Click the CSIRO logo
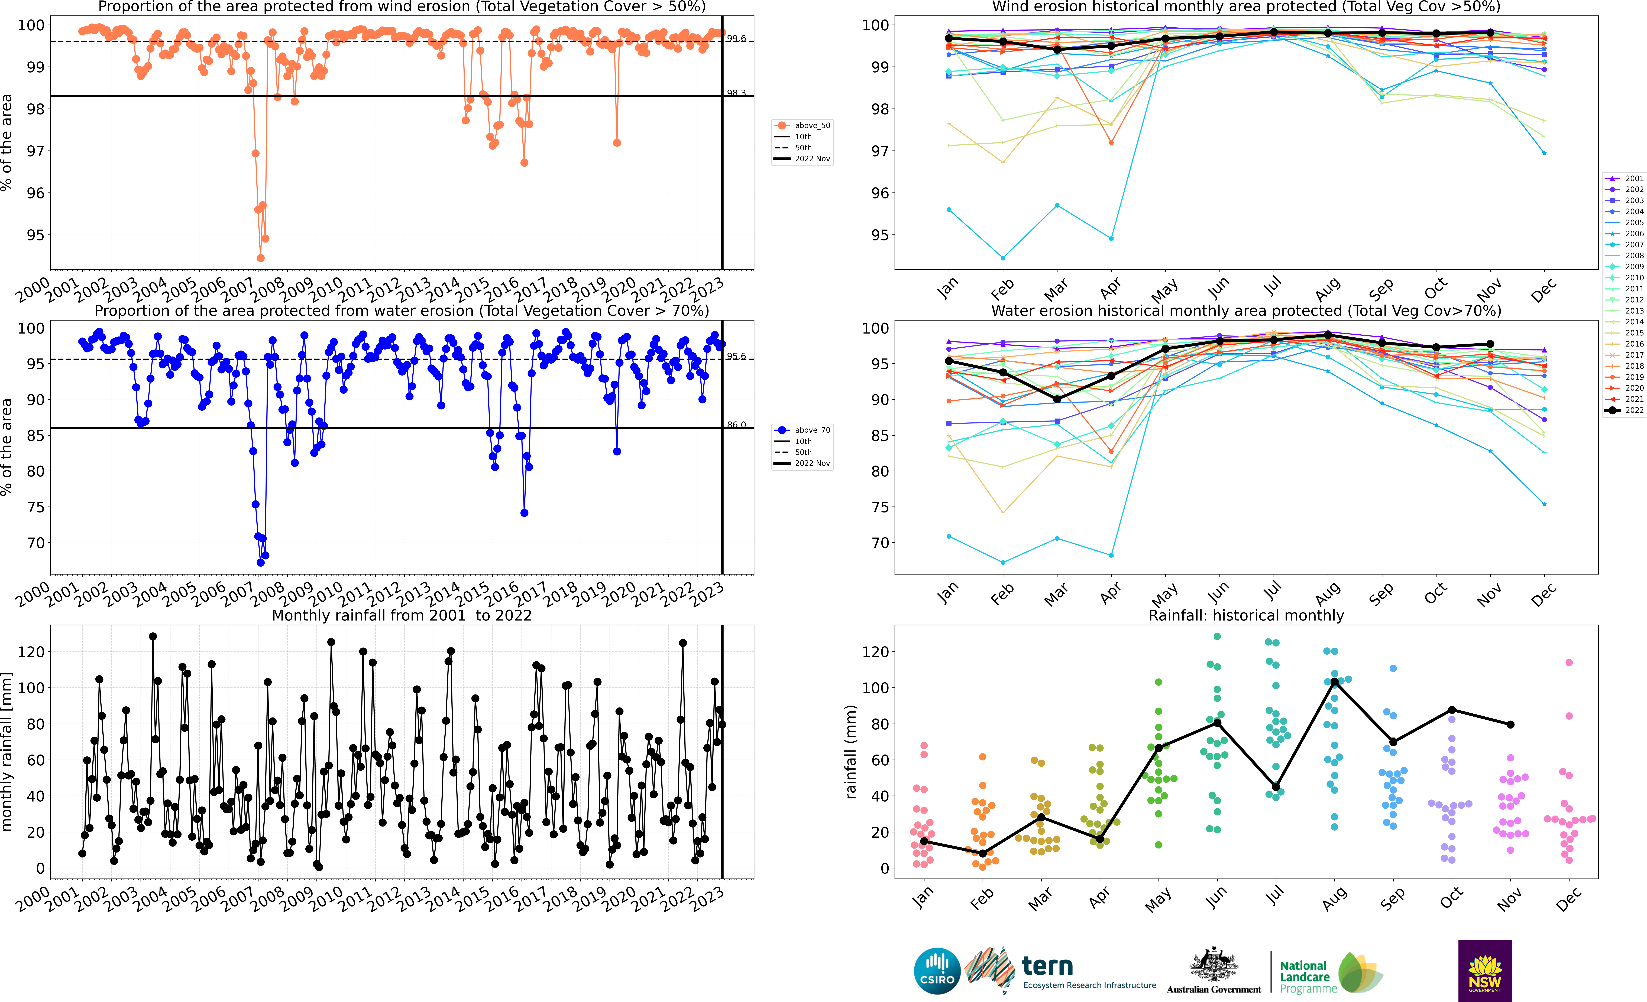tap(936, 971)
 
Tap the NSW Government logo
tap(1485, 971)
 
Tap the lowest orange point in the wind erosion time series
tap(261, 258)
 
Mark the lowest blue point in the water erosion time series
tap(261, 562)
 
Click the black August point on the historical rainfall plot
tap(1335, 681)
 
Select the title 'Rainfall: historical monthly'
tap(1246, 615)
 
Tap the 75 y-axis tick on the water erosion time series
tap(35, 507)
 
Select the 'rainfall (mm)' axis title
tap(851, 752)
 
